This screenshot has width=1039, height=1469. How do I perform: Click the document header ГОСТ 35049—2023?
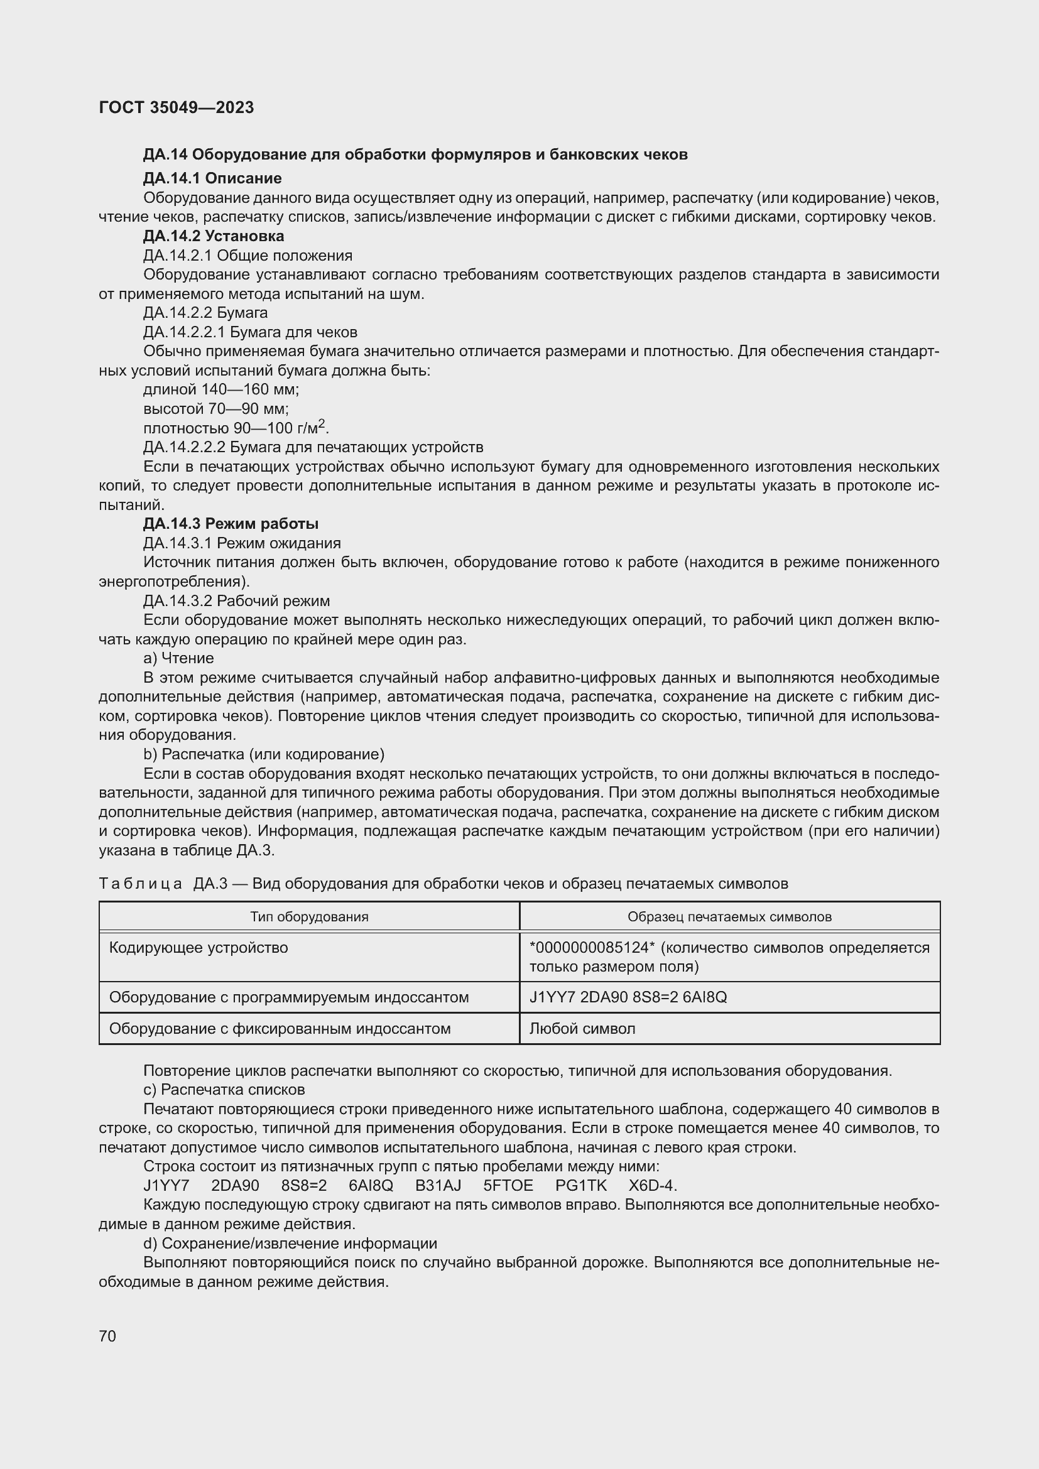pos(177,107)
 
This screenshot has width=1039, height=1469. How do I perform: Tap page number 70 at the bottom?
pos(107,1336)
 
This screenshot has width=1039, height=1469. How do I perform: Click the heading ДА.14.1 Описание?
pos(212,178)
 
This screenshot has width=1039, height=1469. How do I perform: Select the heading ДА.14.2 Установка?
pos(213,236)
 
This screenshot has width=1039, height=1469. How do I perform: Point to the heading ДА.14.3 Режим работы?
pos(231,524)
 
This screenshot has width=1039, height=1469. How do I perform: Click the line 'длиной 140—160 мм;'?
pos(220,389)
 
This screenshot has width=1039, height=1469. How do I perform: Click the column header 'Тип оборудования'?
pos(309,917)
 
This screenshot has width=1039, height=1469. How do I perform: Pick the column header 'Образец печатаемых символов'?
pos(729,917)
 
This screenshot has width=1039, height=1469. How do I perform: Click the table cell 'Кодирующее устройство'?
pos(199,948)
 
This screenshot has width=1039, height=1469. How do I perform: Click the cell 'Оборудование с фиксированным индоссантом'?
pos(280,1029)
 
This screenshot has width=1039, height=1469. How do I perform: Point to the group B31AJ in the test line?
pos(438,1186)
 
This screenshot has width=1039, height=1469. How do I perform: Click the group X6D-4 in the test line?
pos(652,1186)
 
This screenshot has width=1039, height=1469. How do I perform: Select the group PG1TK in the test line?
pos(581,1186)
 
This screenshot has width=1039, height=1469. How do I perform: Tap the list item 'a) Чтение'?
pos(178,658)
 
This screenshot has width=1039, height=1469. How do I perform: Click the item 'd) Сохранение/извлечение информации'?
pos(290,1243)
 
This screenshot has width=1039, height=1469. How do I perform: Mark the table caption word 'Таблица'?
pos(140,884)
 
